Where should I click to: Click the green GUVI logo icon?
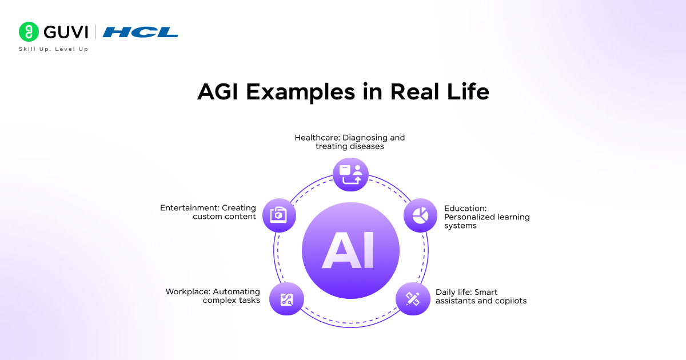(28, 32)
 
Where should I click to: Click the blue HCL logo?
(140, 33)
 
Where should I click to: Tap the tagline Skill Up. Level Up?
(54, 49)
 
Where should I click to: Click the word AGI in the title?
(220, 91)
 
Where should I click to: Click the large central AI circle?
(350, 250)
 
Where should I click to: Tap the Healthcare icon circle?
(350, 174)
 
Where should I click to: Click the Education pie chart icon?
(421, 215)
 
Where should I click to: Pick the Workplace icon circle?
(286, 299)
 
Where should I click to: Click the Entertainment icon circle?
(279, 215)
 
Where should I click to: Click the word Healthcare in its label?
(316, 138)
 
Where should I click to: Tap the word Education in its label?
(464, 209)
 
